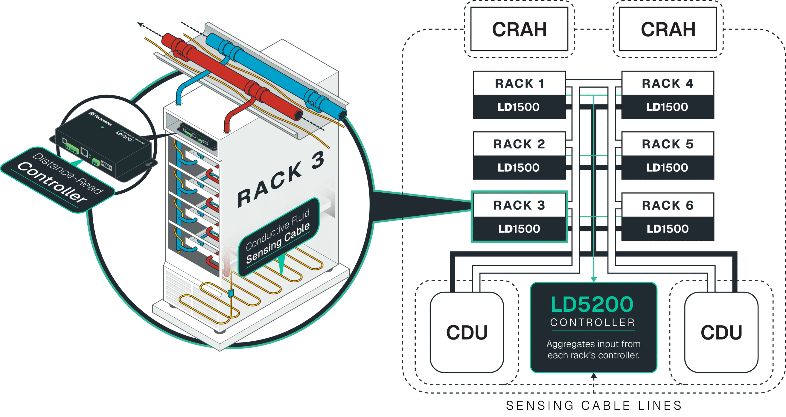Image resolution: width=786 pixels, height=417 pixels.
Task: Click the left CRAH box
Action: [x=519, y=29]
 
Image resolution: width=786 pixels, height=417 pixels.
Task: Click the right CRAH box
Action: [x=668, y=29]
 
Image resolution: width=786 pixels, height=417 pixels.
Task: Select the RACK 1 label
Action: [x=519, y=83]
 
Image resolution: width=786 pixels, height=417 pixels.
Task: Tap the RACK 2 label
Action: [x=519, y=144]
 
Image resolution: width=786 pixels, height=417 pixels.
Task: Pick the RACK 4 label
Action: [x=668, y=83]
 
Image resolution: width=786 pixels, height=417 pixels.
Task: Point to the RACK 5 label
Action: [x=668, y=144]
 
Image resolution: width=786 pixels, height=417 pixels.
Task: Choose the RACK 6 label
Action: [x=668, y=205]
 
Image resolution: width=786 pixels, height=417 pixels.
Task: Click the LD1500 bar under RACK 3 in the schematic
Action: [x=519, y=229]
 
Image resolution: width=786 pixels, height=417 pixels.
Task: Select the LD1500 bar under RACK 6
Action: [x=668, y=229]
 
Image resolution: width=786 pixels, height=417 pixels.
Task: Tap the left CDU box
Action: [x=466, y=332]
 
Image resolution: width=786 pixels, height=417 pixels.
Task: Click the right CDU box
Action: [x=721, y=332]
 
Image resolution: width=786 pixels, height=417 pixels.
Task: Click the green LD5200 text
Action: [x=592, y=305]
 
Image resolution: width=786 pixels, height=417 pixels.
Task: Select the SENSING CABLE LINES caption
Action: [x=594, y=406]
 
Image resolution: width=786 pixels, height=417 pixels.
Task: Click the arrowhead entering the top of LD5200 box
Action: [x=594, y=279]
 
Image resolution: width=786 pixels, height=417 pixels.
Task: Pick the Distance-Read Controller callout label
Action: [x=58, y=180]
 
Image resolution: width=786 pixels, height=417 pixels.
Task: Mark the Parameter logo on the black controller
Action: [x=101, y=119]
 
